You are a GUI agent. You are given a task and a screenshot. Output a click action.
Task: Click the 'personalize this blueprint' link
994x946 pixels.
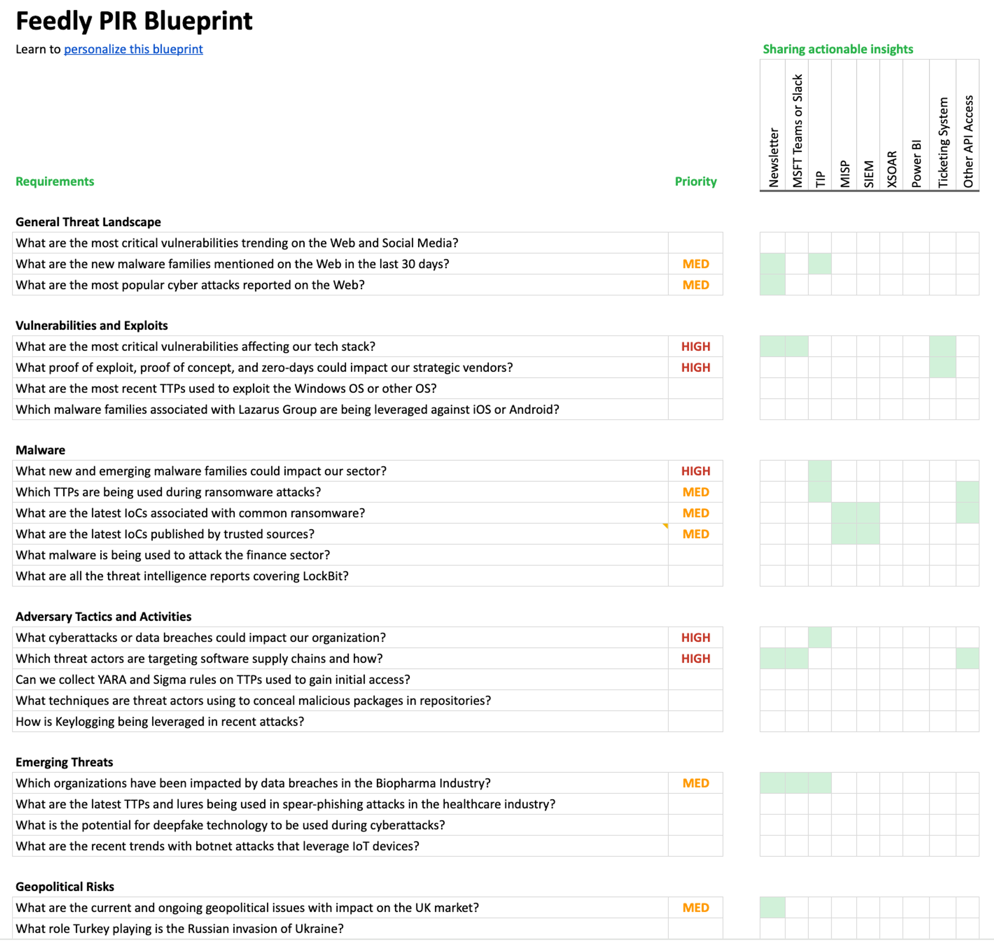point(133,49)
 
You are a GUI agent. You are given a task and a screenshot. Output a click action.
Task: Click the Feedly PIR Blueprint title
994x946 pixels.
point(134,21)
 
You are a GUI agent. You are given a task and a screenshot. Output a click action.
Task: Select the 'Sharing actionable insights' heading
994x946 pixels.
point(837,49)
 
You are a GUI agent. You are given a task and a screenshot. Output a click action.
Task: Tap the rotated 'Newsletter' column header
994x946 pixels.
point(773,157)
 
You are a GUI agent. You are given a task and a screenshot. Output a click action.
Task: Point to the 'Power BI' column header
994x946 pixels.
point(916,164)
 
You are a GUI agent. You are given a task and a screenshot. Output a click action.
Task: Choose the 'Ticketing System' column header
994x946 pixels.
point(943,142)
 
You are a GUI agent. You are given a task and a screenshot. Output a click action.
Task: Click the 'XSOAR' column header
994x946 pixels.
point(892,169)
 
